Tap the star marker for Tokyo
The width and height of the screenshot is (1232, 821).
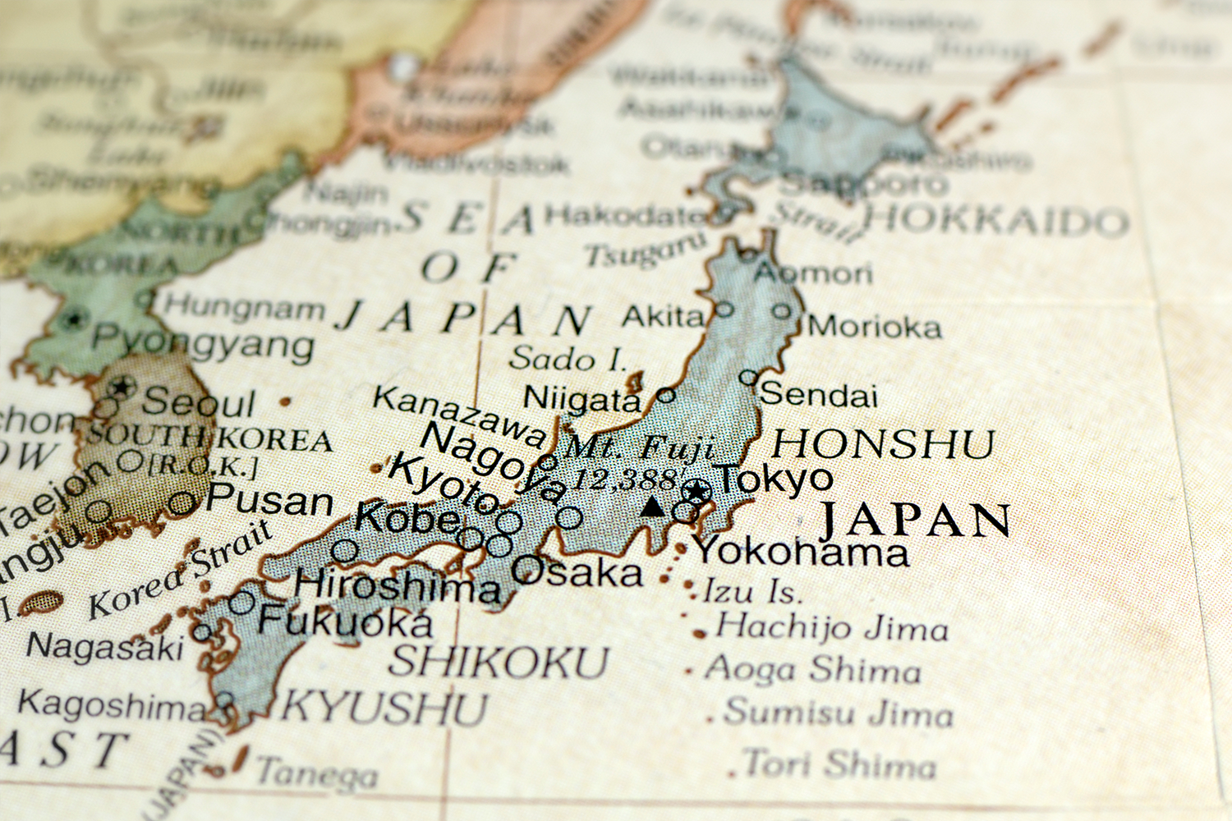(697, 492)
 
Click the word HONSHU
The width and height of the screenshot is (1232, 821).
(883, 444)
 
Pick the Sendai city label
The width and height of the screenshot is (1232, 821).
(819, 395)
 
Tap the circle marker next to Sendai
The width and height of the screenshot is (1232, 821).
(748, 378)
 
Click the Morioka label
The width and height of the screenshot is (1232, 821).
(875, 327)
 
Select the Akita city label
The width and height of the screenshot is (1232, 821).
(664, 316)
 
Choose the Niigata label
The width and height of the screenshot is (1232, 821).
(582, 399)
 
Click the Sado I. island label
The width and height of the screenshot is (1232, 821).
(568, 359)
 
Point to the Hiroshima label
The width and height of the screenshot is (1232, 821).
(398, 585)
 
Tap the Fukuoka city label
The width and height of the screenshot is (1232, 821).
(345, 621)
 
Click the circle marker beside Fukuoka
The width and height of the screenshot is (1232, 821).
(242, 603)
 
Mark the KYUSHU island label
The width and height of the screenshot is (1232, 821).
(385, 707)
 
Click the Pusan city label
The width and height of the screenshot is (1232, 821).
(270, 500)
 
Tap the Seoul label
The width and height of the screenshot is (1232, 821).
(199, 403)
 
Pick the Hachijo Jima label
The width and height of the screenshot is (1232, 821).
(832, 627)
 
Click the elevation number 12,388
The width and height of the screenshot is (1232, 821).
(626, 479)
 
